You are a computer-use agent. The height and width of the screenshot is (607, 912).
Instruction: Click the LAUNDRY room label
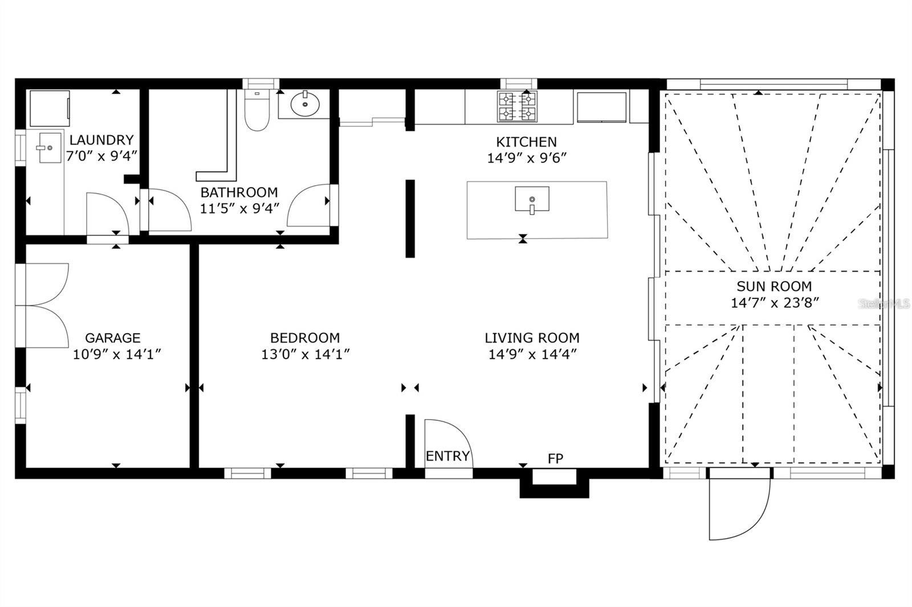coord(101,140)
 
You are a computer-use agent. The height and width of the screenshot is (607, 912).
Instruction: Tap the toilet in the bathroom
coord(256,111)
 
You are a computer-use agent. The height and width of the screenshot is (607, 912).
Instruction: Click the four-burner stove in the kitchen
coord(518,106)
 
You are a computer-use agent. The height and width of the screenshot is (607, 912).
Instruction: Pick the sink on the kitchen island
coord(532,199)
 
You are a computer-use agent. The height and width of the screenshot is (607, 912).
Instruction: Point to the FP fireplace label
coord(555,458)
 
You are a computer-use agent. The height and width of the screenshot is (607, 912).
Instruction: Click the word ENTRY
coord(447,456)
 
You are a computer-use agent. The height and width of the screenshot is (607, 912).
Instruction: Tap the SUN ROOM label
coord(774,286)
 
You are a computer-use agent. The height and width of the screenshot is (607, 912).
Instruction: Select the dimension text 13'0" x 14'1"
coord(305,354)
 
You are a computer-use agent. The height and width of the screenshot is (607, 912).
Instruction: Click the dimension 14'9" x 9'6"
coord(526,158)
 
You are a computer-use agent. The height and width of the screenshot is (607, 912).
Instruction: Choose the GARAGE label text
coord(113,338)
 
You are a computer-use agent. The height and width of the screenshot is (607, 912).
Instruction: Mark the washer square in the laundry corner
coord(49,108)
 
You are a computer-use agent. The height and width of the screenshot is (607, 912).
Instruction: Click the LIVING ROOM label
coord(532,338)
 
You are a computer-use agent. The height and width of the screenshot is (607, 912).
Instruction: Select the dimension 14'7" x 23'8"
coord(775,302)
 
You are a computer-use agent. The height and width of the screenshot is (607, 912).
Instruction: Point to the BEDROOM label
coord(305,338)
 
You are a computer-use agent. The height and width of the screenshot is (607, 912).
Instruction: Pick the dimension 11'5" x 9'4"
coord(239,208)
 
